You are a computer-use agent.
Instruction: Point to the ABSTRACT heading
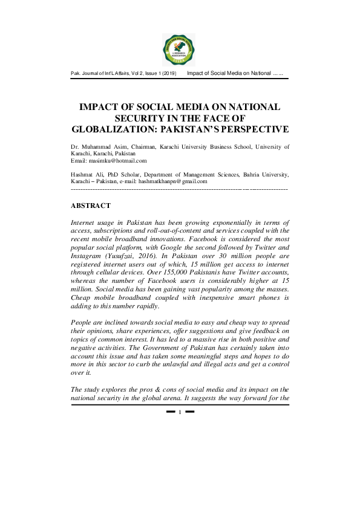pyautogui.click(x=91, y=206)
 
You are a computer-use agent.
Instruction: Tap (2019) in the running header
pyautogui.click(x=168, y=74)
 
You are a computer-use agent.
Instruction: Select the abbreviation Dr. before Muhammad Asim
pyautogui.click(x=76, y=146)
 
